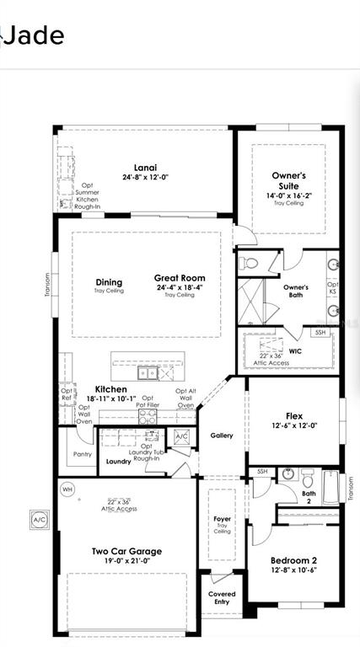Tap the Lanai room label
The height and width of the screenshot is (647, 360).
pos(145,167)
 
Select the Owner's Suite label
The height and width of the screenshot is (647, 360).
pos(288,180)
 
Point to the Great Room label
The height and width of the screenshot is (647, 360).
pos(179,278)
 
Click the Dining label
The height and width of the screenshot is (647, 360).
pos(109,282)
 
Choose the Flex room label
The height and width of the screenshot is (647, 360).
pos(294,414)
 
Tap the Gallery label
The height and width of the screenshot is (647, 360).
pos(222,436)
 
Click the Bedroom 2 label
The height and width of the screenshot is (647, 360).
pos(293,560)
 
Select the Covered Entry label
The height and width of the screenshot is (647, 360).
pos(222,597)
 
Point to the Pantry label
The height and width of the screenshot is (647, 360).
pos(83,454)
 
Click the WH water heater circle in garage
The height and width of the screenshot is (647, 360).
pos(67,489)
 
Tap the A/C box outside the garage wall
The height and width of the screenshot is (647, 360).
pos(39,519)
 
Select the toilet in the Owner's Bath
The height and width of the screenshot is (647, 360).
pos(249,264)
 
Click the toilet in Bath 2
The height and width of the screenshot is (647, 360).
pos(287,473)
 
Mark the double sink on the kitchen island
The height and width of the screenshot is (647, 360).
pos(149,372)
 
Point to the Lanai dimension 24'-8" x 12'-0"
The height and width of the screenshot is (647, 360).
pos(145,178)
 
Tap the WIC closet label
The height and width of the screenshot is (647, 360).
pos(295,350)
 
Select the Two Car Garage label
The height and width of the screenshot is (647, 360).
pos(126,552)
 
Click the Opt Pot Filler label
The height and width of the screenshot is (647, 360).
pos(148,401)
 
